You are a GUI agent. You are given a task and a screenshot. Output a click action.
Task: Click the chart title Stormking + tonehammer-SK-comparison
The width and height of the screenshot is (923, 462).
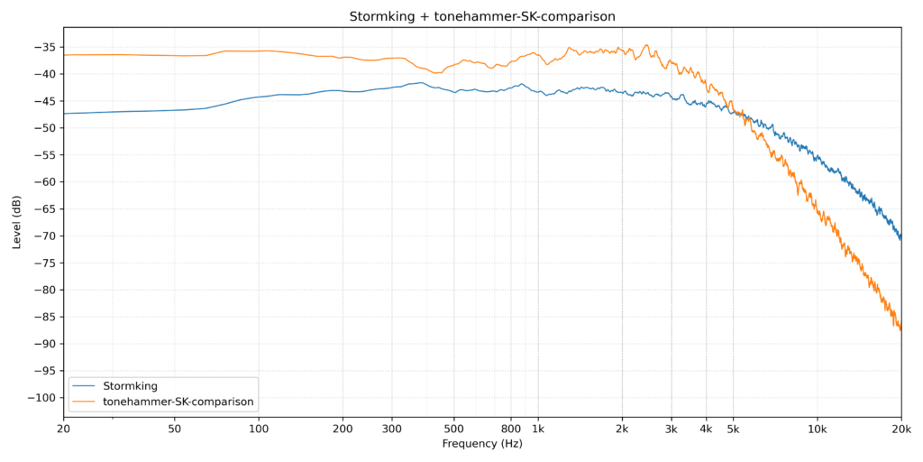point(482,17)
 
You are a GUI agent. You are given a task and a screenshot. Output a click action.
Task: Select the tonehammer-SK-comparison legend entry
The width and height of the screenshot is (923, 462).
point(178,401)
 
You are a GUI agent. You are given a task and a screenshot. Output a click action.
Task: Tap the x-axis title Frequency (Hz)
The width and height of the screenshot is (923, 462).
point(482,444)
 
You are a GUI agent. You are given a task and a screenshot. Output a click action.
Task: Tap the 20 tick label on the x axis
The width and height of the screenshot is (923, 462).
point(63,427)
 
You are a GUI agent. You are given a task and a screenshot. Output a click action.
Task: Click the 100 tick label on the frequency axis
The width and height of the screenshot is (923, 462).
point(259,427)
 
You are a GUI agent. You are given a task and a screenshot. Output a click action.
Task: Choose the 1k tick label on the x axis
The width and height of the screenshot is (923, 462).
point(538,427)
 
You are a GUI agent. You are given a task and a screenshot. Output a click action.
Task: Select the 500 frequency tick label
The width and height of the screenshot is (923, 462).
point(453,427)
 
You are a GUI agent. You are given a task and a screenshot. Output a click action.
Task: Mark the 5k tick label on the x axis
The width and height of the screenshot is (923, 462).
point(733,427)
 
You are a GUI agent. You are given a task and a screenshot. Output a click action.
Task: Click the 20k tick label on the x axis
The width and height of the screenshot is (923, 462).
point(900,427)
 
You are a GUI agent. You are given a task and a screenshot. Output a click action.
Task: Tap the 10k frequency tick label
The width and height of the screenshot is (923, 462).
point(817,427)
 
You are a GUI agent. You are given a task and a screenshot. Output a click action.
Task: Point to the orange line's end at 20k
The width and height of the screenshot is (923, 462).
point(900,329)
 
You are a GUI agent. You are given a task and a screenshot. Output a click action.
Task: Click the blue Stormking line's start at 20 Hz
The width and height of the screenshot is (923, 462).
point(64,114)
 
